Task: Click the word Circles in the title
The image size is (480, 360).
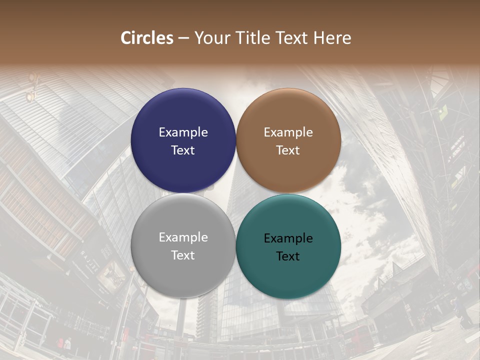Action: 146,38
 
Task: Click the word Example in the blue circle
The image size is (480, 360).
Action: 183,132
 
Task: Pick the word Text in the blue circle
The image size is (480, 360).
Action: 183,150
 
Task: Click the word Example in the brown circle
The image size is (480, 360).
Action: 288,132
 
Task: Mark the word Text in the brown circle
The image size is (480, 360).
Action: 288,150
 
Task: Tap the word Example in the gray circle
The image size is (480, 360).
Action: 183,237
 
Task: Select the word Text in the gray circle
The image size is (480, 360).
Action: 183,255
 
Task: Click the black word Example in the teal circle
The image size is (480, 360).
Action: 288,238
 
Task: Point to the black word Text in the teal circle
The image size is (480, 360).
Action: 288,256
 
